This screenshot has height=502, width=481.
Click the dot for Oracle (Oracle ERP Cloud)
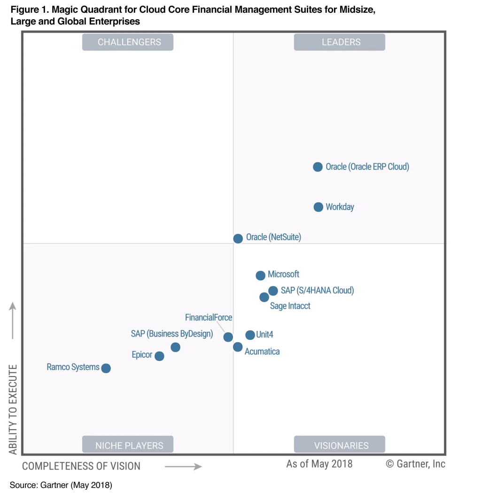coord(318,167)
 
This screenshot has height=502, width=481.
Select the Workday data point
coord(318,207)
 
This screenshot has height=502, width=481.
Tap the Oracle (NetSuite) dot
coord(238,238)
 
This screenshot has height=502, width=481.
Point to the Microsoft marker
coord(260,275)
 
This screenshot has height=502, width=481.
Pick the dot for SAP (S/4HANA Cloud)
coord(273,291)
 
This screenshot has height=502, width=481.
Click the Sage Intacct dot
coord(264,297)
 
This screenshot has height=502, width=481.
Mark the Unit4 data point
coord(250,335)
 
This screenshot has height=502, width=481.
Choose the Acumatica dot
coord(238,347)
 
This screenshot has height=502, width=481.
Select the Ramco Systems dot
coord(106,368)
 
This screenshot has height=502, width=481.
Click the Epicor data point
coord(159,356)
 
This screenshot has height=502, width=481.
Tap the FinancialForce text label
coord(209,318)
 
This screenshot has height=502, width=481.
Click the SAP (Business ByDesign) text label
coord(172,334)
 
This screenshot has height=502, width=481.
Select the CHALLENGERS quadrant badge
coord(128,42)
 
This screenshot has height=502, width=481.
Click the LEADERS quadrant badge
coord(340,42)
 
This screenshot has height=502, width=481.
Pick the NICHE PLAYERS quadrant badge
coord(128,445)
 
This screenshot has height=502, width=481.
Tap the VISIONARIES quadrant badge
coord(340,445)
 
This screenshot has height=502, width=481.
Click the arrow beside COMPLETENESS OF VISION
coord(183,467)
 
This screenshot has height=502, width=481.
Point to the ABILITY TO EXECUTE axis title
coord(13,409)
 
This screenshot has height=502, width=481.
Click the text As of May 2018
coord(319,464)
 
